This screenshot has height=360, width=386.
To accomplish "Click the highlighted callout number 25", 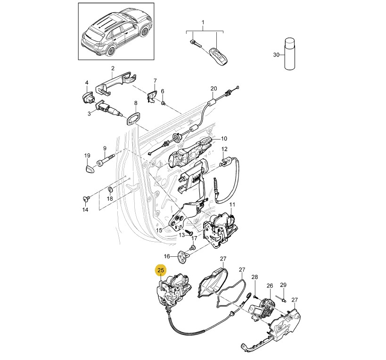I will click(161, 270).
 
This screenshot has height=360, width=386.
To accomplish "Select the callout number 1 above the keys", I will click(203, 23).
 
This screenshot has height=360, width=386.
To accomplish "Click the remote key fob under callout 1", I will click(218, 55).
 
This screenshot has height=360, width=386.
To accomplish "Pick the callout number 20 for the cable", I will click(213, 89).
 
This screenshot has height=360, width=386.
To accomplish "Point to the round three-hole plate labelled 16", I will click(183, 255).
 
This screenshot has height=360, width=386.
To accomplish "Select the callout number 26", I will click(270, 286).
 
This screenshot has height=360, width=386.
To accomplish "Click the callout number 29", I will click(283, 285).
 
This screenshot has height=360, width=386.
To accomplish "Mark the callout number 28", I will click(255, 277).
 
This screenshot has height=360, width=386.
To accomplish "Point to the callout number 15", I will click(159, 230).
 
